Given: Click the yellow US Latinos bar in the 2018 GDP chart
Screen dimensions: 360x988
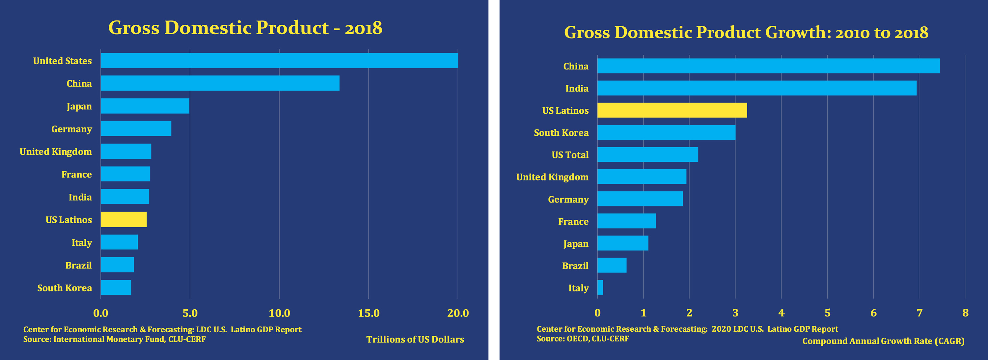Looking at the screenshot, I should [123, 219].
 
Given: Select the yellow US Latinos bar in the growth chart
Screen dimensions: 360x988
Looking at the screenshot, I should [672, 110].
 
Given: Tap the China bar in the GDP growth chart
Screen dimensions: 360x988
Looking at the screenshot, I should [768, 66].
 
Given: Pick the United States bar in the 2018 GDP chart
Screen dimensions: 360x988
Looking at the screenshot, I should [279, 61].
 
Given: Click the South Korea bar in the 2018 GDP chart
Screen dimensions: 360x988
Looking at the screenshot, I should [116, 288].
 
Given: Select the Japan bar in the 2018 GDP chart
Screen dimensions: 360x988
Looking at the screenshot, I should [145, 106].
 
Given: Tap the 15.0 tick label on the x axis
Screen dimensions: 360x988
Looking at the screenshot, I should [368, 313].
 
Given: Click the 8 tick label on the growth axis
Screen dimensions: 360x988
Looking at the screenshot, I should [965, 313].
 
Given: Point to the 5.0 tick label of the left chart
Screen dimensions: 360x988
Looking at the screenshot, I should [190, 313].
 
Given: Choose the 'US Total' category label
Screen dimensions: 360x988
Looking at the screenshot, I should [570, 155].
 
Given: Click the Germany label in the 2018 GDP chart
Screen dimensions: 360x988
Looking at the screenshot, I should [72, 129].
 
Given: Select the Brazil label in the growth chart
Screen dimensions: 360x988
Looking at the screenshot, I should [575, 266].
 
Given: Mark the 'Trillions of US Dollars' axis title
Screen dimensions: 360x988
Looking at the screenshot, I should [415, 339].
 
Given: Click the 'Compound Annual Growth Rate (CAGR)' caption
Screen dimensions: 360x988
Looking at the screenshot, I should [883, 341].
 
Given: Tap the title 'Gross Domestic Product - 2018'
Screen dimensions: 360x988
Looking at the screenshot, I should [245, 28].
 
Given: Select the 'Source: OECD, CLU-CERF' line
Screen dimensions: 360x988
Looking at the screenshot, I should [583, 339].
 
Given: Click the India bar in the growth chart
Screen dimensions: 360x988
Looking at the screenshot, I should [757, 88].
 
